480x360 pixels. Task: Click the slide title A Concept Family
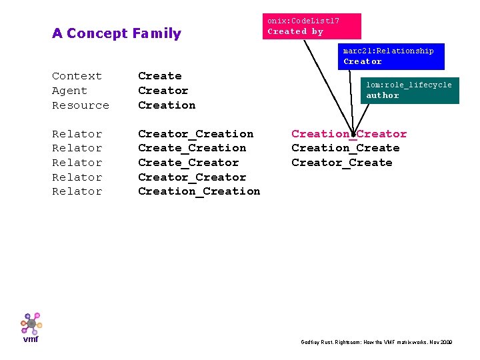tap(117, 33)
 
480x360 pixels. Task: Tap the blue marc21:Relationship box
tap(390, 56)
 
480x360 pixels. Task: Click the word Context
tap(77, 76)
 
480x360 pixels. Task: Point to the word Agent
tap(69, 91)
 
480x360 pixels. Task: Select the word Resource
tap(81, 105)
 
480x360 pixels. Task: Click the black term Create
tap(159, 76)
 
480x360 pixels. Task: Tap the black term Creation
tap(167, 105)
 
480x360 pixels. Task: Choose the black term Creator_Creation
tap(195, 134)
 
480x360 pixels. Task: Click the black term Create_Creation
tap(192, 148)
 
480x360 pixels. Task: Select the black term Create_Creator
tap(188, 163)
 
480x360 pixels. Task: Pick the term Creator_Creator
tap(192, 177)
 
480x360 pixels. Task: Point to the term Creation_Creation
tap(199, 191)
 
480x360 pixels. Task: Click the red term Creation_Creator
tap(349, 134)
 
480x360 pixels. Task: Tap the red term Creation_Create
tap(345, 148)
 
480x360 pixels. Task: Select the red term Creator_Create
tap(341, 163)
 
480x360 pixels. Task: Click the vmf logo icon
tap(31, 324)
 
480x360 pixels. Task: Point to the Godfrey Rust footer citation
tap(377, 342)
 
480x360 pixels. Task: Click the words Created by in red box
tap(295, 31)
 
